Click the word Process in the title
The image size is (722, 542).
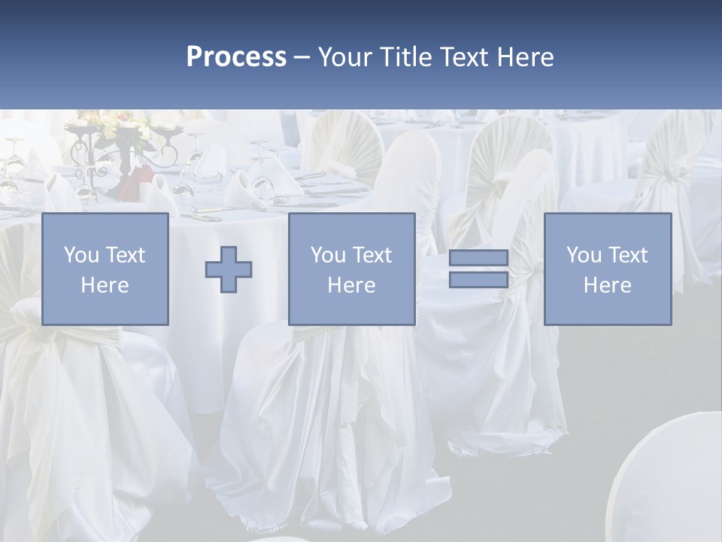[236, 57]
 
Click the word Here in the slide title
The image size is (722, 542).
[525, 57]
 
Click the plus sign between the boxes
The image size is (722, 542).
[229, 269]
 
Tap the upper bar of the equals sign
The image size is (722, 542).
[478, 258]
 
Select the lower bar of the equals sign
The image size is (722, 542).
[478, 280]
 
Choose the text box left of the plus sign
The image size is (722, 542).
[105, 269]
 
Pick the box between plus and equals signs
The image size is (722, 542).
[351, 269]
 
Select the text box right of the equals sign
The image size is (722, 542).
[607, 269]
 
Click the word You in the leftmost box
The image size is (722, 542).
[81, 255]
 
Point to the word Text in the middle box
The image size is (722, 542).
[372, 255]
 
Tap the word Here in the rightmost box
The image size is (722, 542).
[607, 285]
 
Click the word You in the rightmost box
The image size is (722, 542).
[584, 255]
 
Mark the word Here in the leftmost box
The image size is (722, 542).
[105, 285]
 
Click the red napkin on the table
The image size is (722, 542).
[136, 181]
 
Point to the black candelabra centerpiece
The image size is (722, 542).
[125, 151]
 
